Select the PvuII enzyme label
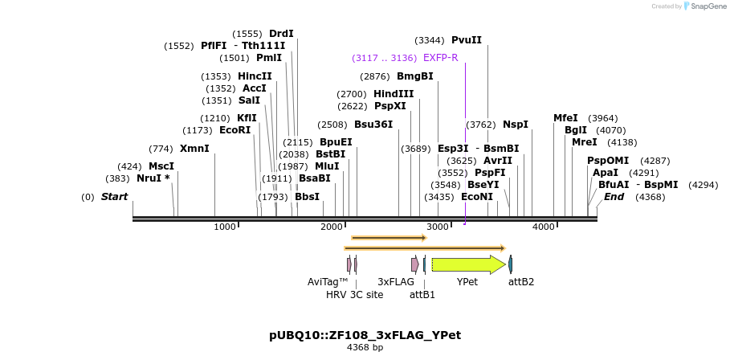tap(466, 39)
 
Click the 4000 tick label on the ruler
tap(544, 227)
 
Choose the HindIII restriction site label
tap(394, 94)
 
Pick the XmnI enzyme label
tap(194, 149)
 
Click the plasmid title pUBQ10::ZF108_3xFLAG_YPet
tap(365, 334)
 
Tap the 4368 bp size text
tap(365, 348)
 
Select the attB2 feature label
tap(521, 282)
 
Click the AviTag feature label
tap(328, 282)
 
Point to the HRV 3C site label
tap(354, 295)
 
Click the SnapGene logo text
tap(708, 6)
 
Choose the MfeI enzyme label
tap(565, 118)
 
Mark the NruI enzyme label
tap(153, 178)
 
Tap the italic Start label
tap(114, 197)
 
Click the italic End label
tap(614, 197)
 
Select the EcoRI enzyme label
tap(234, 130)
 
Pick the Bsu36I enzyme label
tap(373, 125)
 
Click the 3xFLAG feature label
tap(396, 282)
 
